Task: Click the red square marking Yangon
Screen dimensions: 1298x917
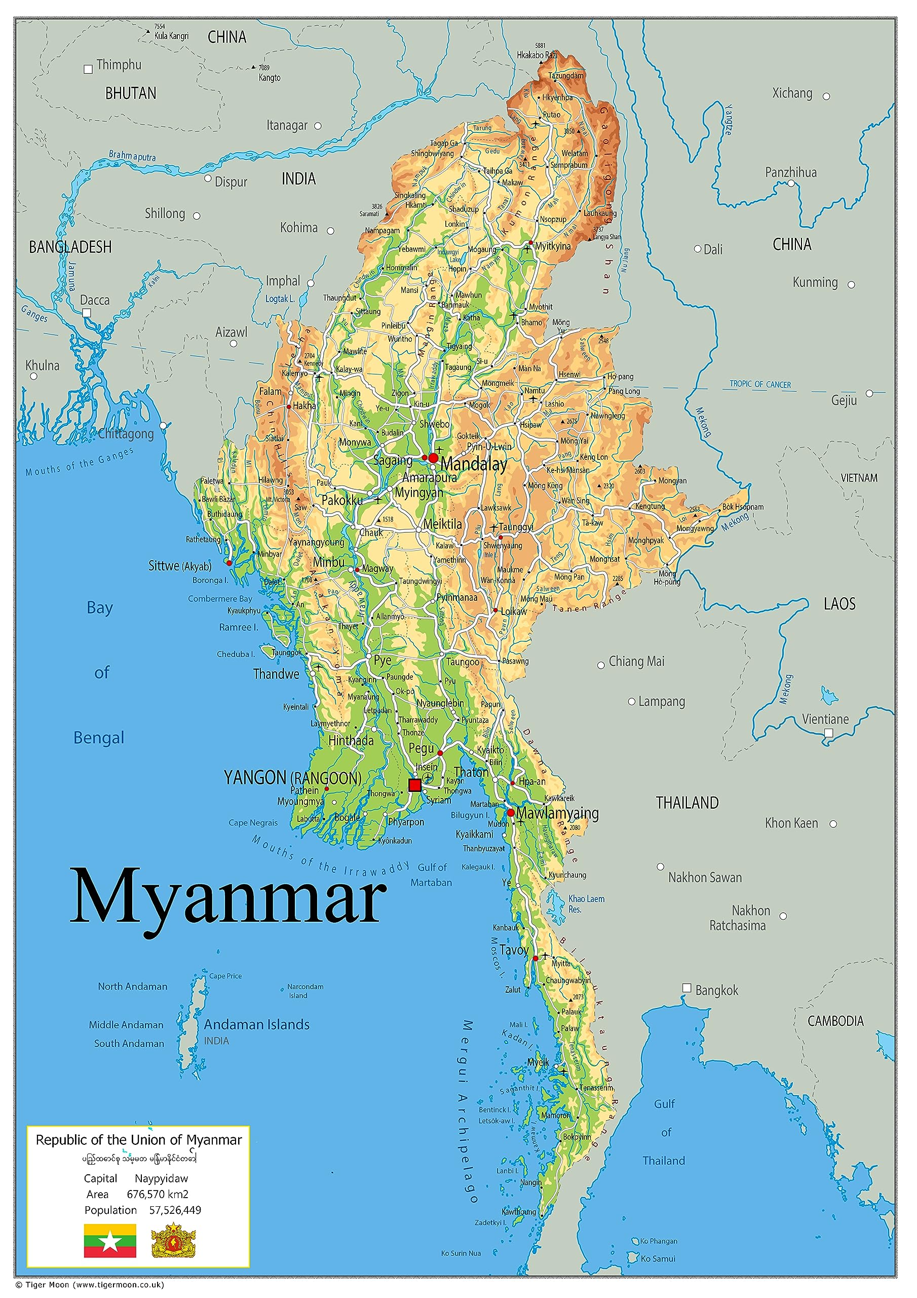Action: (x=415, y=785)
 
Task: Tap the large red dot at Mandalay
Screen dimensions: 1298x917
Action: (x=433, y=457)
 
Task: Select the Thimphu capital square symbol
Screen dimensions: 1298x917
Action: (x=88, y=69)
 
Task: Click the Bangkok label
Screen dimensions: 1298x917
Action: (x=716, y=990)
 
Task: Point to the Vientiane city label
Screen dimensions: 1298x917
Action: (x=825, y=719)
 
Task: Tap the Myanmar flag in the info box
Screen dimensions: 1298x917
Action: (x=110, y=1240)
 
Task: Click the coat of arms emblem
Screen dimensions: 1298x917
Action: (x=173, y=1240)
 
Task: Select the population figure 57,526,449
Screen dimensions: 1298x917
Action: (x=175, y=1210)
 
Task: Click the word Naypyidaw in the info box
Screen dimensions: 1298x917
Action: (x=161, y=1178)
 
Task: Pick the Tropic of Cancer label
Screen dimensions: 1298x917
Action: (x=760, y=384)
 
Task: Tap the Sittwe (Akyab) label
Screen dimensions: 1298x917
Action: (x=180, y=566)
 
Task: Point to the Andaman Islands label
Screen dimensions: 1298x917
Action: (x=256, y=1024)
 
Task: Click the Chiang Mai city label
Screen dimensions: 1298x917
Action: (x=636, y=662)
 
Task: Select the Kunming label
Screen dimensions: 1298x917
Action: (x=815, y=282)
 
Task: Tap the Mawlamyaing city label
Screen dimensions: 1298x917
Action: (x=557, y=813)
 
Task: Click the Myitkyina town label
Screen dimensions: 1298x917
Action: (x=553, y=246)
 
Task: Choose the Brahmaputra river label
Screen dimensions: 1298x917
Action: (x=132, y=156)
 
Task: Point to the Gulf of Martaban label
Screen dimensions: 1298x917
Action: (x=432, y=875)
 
